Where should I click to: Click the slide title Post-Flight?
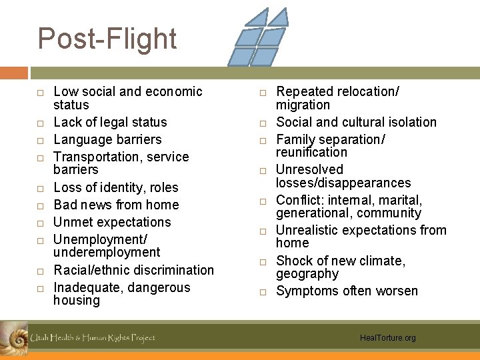pyautogui.click(x=107, y=39)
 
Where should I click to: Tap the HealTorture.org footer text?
pyautogui.click(x=387, y=338)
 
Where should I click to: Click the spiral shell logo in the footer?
pyautogui.click(x=13, y=337)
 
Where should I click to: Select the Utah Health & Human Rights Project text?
pyautogui.click(x=93, y=338)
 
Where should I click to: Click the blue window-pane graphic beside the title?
pyautogui.click(x=259, y=37)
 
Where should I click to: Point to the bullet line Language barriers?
pyautogui.click(x=107, y=139)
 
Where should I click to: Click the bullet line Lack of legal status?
pyautogui.click(x=110, y=122)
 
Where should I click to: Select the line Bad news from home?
pyautogui.click(x=116, y=205)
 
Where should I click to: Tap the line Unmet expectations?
pyautogui.click(x=112, y=222)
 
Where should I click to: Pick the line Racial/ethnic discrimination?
pyautogui.click(x=133, y=270)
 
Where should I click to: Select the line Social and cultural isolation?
pyautogui.click(x=356, y=122)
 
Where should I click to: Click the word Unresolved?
pyautogui.click(x=309, y=170)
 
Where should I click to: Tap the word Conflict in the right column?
pyautogui.click(x=297, y=200)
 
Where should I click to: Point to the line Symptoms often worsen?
pyautogui.click(x=347, y=291)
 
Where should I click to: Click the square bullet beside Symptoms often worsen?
pyautogui.click(x=263, y=291)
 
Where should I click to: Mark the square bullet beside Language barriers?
pyautogui.click(x=40, y=140)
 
